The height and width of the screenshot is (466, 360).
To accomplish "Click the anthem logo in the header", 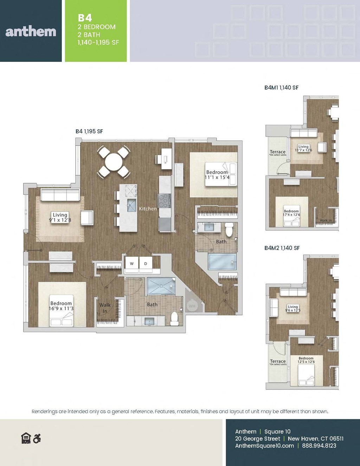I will click(x=31, y=32).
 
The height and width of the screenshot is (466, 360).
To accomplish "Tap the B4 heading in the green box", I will click(x=85, y=18).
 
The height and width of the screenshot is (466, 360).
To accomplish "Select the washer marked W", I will click(x=132, y=263).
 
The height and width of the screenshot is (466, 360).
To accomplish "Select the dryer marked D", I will click(x=146, y=263).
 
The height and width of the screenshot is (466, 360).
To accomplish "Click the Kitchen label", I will click(x=148, y=209).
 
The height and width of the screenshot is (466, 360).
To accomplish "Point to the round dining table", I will click(x=114, y=162).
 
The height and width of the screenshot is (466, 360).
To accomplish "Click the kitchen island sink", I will click(x=131, y=205).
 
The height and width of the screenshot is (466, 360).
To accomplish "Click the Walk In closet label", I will click(x=105, y=308).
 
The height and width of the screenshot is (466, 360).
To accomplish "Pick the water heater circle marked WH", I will click(x=192, y=306).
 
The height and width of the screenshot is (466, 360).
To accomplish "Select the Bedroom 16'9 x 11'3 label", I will click(x=61, y=306).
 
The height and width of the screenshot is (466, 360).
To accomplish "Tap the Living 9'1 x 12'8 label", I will click(x=60, y=217).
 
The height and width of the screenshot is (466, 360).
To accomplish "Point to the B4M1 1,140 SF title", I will click(x=281, y=88).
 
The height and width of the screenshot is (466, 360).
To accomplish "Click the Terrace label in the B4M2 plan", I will click(x=278, y=362).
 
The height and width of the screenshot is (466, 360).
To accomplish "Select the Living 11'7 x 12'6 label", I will click(x=303, y=148).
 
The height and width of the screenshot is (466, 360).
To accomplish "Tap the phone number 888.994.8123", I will click(x=319, y=446).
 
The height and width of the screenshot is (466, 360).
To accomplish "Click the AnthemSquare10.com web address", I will click(x=264, y=446).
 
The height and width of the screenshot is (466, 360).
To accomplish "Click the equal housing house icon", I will click(x=26, y=438).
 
